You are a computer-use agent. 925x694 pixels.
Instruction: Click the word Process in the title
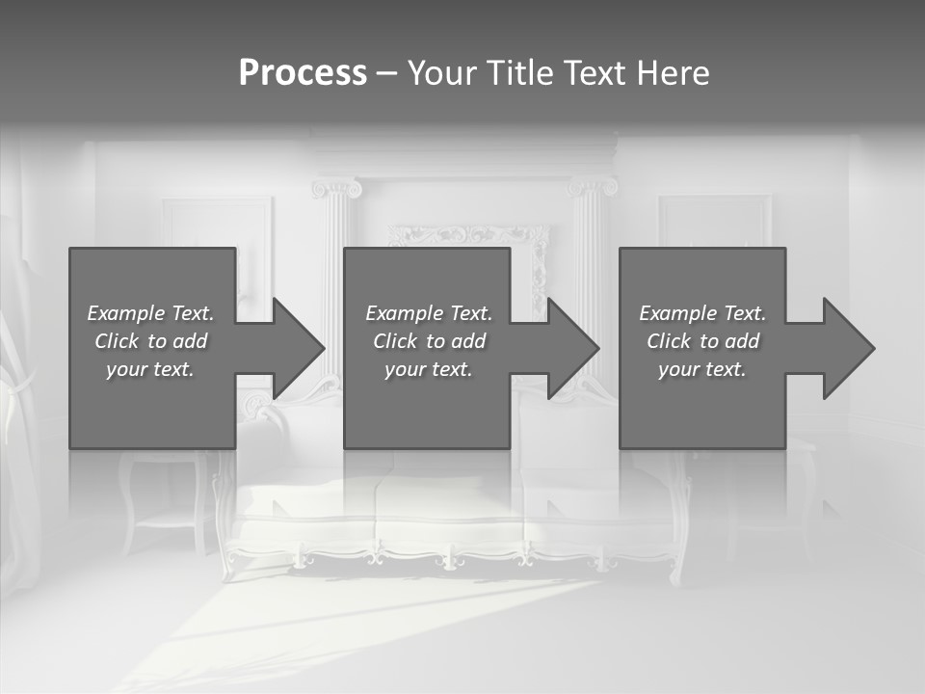[303, 73]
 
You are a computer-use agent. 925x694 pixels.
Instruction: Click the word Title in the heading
[519, 73]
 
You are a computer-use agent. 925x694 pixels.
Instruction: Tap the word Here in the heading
[672, 73]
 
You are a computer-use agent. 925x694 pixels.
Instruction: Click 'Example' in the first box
[126, 313]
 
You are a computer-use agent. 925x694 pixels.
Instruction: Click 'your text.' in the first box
[150, 369]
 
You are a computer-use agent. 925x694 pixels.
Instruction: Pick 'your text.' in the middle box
[429, 369]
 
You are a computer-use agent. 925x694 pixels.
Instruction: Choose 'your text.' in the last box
[702, 369]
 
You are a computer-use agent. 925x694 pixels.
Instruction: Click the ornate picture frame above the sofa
[468, 235]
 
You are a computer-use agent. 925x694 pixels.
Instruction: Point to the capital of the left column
[336, 188]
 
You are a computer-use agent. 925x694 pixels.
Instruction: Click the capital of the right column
[591, 186]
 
